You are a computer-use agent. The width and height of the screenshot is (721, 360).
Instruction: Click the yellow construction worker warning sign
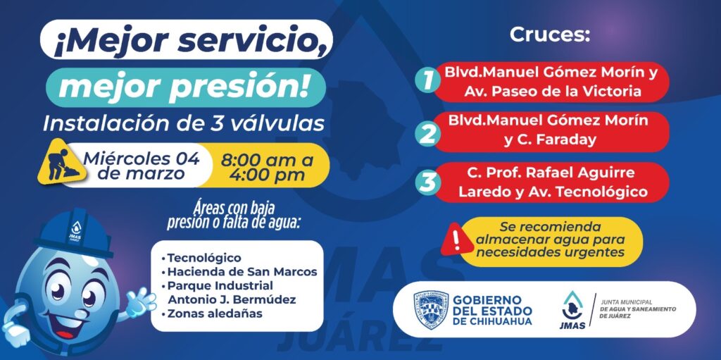(59, 162)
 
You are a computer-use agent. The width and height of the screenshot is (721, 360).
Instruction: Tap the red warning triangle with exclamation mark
(456, 239)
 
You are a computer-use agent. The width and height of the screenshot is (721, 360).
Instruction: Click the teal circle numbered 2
(427, 134)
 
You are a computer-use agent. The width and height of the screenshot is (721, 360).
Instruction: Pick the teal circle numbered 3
(427, 182)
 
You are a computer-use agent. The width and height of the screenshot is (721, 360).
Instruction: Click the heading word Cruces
(549, 35)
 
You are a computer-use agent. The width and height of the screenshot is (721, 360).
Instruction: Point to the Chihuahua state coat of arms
(431, 310)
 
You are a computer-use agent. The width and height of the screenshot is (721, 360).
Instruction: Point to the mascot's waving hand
(139, 302)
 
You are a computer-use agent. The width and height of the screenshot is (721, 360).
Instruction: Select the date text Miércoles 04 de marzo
(142, 166)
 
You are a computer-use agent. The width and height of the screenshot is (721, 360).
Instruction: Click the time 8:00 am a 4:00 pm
(267, 167)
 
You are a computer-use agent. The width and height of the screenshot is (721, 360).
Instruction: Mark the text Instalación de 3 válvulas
(184, 123)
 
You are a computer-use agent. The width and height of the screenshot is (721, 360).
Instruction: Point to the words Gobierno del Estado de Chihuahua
(492, 310)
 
